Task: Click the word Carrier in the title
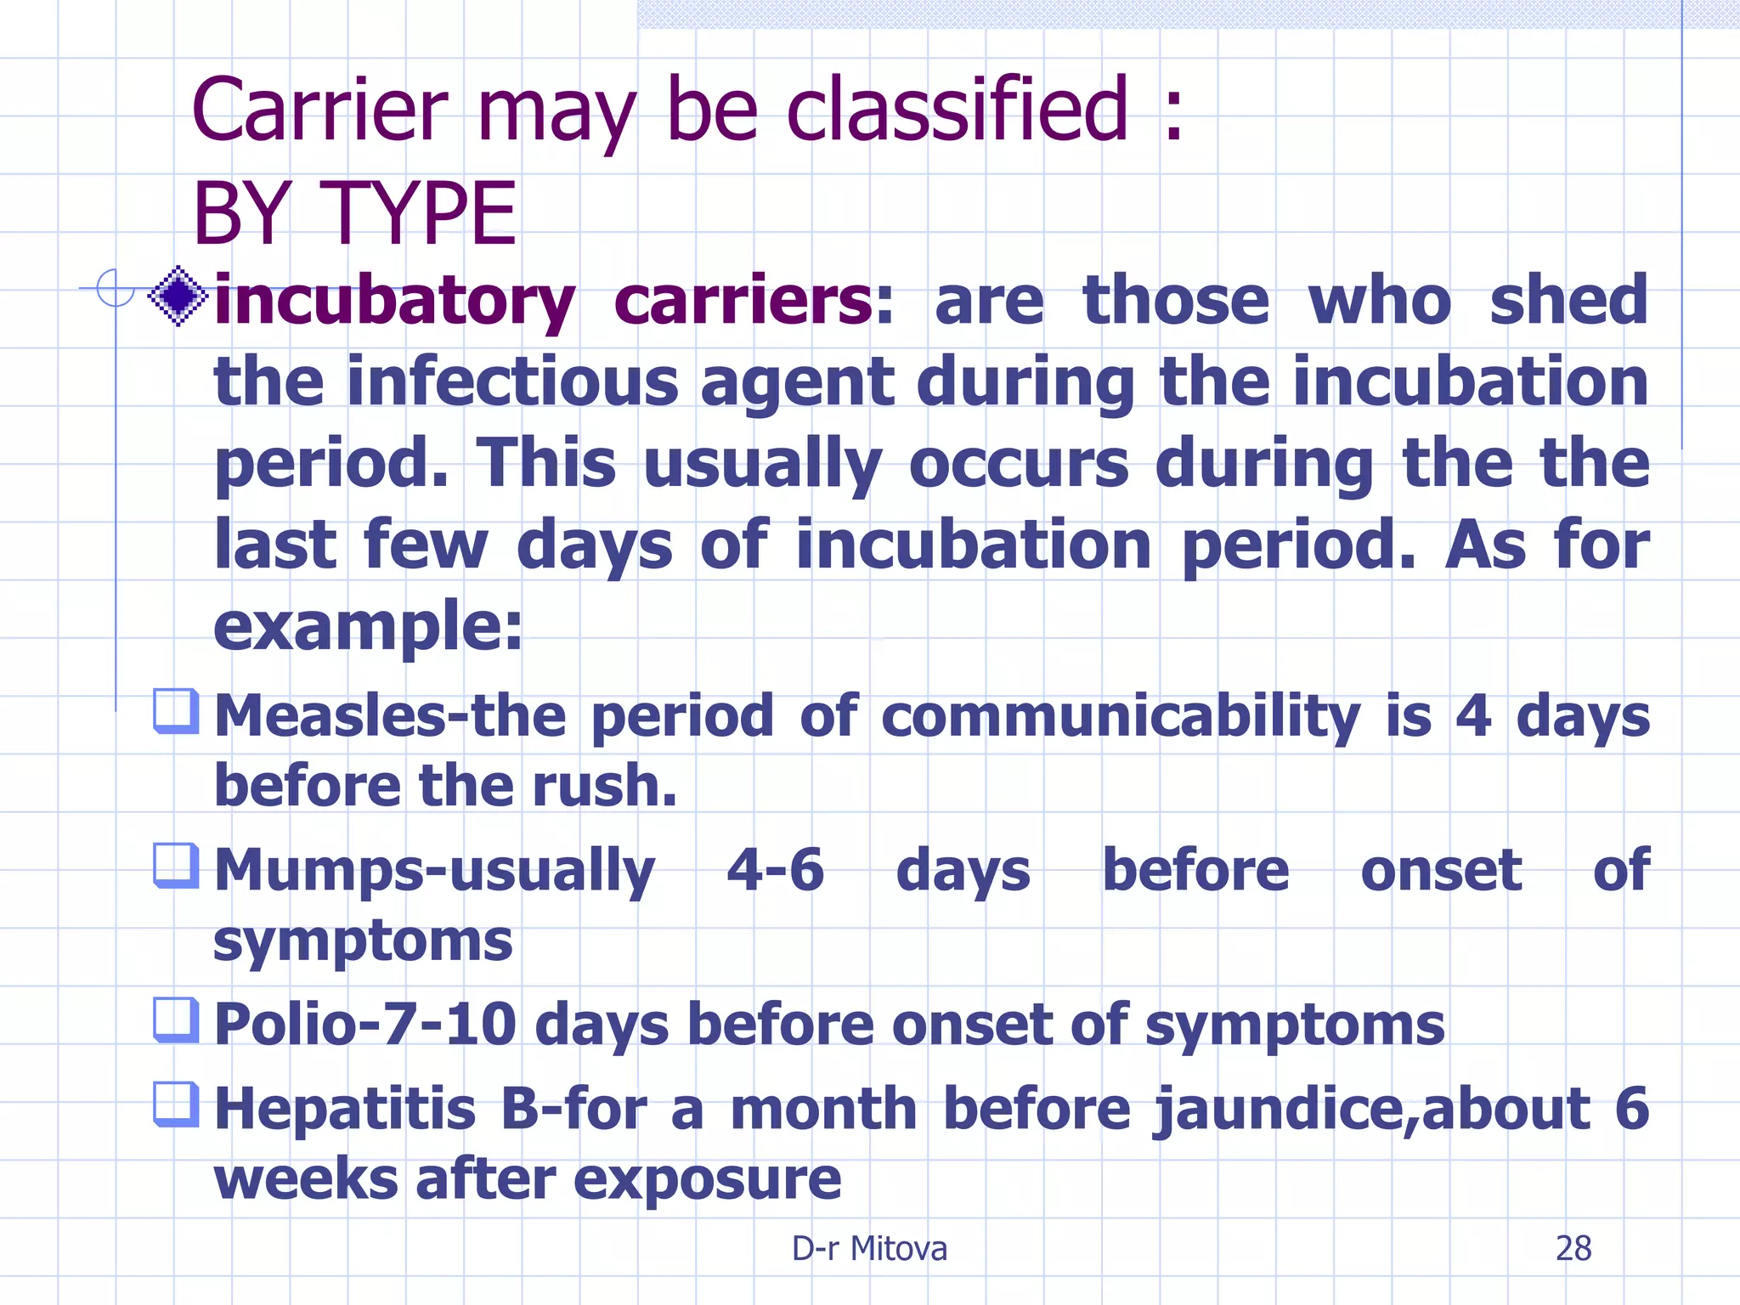point(319,110)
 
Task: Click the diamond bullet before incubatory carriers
point(178,297)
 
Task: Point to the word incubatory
point(394,302)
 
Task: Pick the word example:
point(368,626)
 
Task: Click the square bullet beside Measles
point(176,710)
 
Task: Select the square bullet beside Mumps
point(176,865)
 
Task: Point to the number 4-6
point(775,870)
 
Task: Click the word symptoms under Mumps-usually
point(363,942)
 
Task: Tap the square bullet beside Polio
point(176,1020)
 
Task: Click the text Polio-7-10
point(365,1024)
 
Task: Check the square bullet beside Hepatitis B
point(176,1104)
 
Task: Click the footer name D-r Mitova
point(869,1248)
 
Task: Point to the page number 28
point(1573,1248)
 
